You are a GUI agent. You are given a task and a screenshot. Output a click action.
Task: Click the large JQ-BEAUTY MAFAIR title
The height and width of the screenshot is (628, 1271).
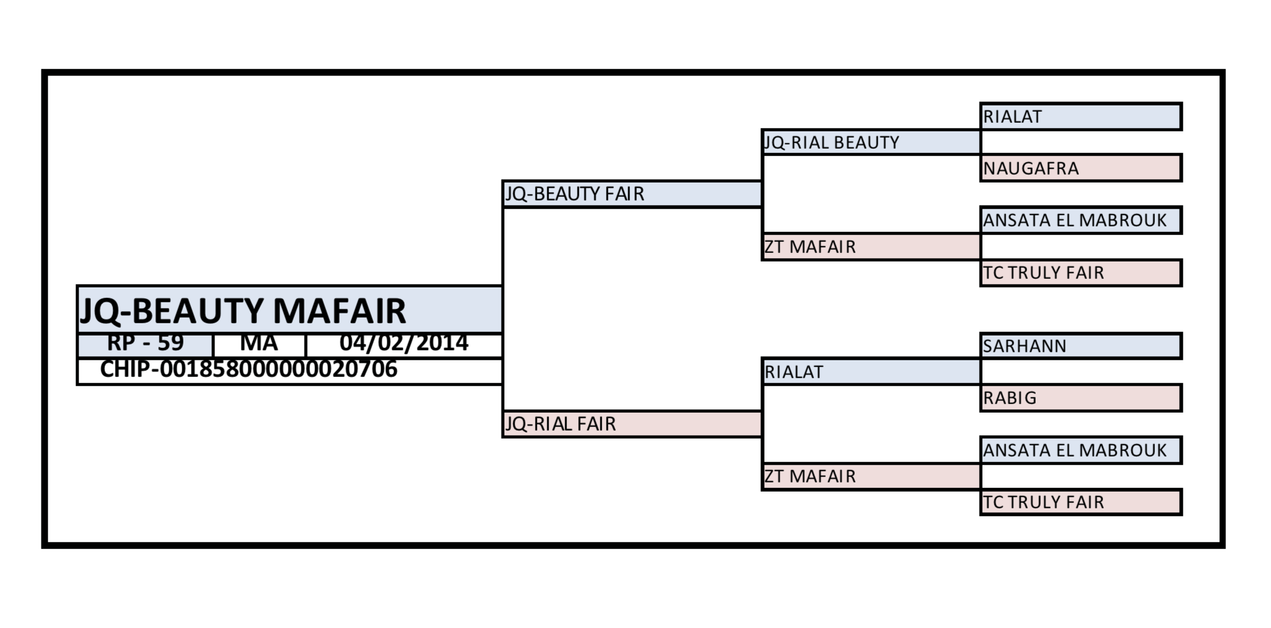click(x=243, y=310)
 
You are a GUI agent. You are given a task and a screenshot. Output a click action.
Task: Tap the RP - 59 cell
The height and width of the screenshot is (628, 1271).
click(x=146, y=344)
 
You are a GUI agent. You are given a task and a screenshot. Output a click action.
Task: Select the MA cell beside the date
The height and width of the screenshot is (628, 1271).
click(x=259, y=344)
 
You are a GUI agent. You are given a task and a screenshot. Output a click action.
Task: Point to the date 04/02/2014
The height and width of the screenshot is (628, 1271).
click(x=404, y=344)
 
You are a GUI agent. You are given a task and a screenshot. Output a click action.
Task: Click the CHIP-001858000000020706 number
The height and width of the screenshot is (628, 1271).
click(x=248, y=370)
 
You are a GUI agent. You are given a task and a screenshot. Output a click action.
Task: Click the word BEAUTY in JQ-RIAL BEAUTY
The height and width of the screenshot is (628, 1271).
click(x=866, y=143)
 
